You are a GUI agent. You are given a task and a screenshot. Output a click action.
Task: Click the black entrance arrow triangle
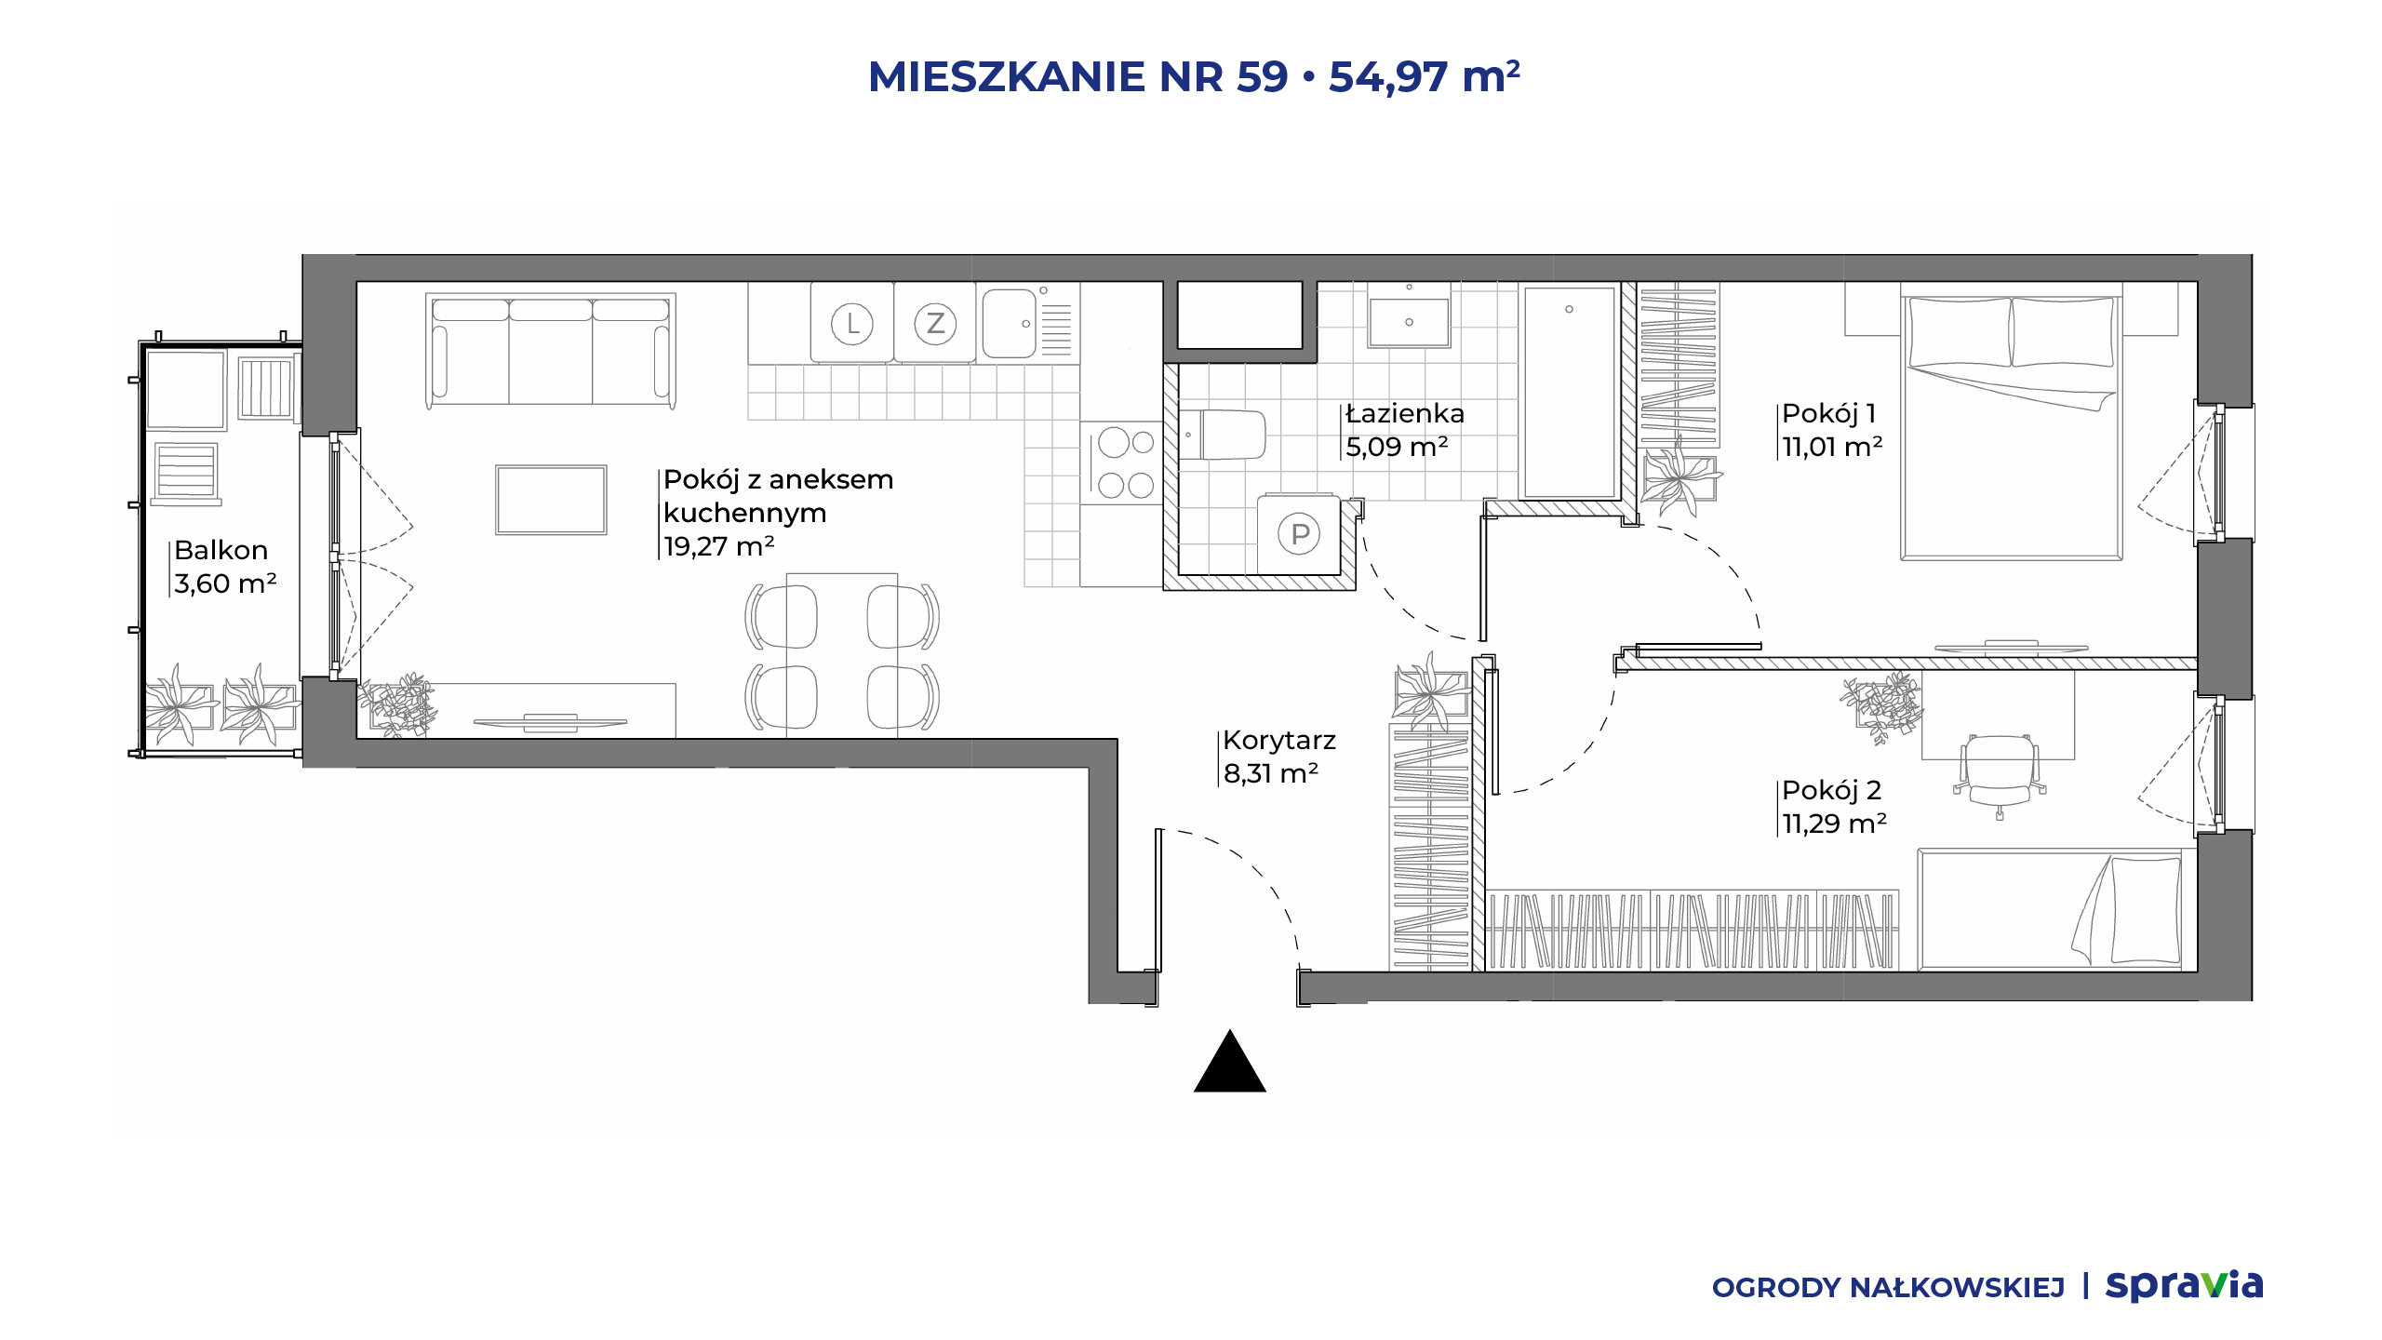[x=1230, y=1062]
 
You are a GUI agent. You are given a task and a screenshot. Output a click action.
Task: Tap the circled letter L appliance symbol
[x=852, y=325]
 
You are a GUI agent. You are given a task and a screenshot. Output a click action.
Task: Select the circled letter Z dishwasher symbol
[x=935, y=324]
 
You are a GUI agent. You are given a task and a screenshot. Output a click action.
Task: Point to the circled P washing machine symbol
[x=1300, y=534]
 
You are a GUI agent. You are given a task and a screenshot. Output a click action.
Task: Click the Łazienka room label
[x=1405, y=413]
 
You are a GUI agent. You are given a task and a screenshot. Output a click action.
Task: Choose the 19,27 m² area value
[x=718, y=546]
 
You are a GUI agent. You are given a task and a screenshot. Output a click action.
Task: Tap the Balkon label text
[x=221, y=550]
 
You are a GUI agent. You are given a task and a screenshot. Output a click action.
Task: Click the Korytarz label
[x=1279, y=740]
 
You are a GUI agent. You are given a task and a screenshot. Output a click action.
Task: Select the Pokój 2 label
[x=1831, y=790]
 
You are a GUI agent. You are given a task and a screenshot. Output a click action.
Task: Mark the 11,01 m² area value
[x=1832, y=447]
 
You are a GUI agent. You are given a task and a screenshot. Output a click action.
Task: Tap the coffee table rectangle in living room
[x=551, y=500]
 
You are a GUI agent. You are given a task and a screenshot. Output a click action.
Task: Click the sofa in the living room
[x=551, y=351]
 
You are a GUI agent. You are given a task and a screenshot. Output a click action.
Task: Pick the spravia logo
[x=2184, y=1285]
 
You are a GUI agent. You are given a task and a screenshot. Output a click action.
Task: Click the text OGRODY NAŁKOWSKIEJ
[x=1888, y=1288]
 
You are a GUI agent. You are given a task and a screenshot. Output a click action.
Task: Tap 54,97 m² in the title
[x=1425, y=76]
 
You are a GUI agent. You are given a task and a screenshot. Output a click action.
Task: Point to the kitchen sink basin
[x=1010, y=323]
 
